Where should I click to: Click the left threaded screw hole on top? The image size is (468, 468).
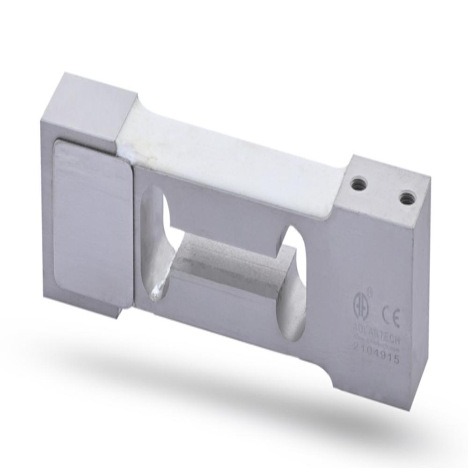point(359,182)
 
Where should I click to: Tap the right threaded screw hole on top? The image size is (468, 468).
point(407,197)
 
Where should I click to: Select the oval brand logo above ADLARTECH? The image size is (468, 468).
point(361,302)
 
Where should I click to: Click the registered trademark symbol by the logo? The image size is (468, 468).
point(369,291)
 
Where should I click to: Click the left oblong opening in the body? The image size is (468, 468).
point(157,243)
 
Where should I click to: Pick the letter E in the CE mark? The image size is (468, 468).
point(396,320)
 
